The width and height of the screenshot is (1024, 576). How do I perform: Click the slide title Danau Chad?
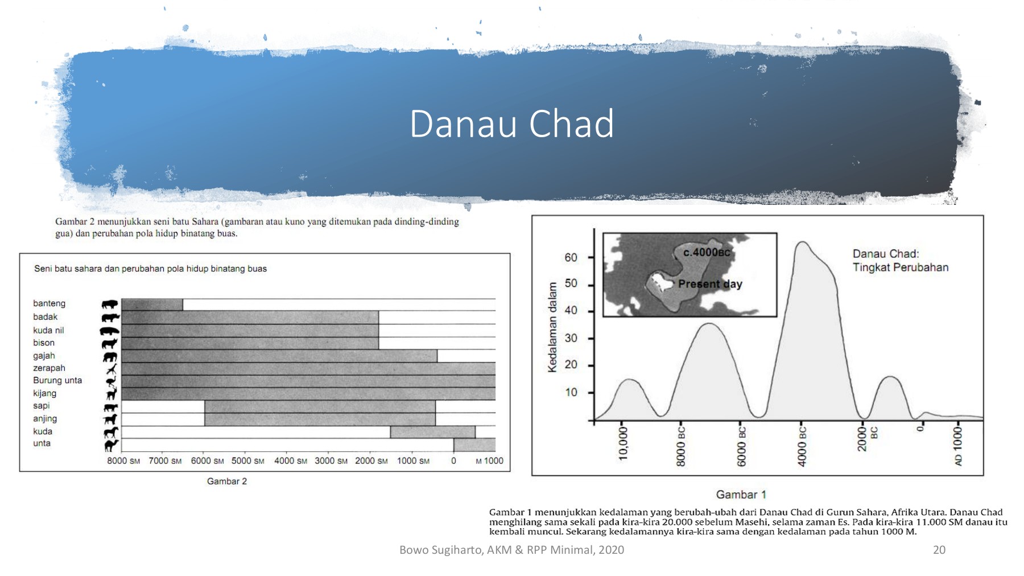[511, 124]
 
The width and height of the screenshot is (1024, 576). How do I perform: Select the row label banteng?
[49, 303]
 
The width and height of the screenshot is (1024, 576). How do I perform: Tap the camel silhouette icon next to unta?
[111, 445]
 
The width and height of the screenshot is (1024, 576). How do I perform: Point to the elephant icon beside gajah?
[110, 357]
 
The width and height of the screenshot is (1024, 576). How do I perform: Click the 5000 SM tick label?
[247, 461]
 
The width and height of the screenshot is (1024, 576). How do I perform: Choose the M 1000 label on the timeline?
[489, 461]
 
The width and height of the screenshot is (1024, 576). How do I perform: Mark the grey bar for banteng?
[152, 305]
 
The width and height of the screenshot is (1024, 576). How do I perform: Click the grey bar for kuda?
[432, 432]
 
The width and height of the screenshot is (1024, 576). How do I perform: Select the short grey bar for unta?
[474, 445]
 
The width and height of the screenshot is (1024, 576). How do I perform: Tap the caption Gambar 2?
[227, 482]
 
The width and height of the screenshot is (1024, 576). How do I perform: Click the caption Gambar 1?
[741, 495]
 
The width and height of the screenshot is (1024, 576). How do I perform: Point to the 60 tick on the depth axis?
[571, 257]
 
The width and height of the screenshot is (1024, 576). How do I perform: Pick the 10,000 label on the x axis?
[623, 443]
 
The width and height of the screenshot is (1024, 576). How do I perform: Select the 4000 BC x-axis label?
[802, 447]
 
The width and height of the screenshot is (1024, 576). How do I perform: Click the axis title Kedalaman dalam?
[552, 327]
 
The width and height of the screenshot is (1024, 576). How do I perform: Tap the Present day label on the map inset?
[710, 284]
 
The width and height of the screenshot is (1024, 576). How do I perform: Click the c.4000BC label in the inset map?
[707, 252]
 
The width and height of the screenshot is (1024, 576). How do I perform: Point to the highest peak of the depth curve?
[802, 242]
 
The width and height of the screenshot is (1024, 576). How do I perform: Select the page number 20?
[939, 550]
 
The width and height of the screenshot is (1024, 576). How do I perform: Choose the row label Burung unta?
[57, 380]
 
